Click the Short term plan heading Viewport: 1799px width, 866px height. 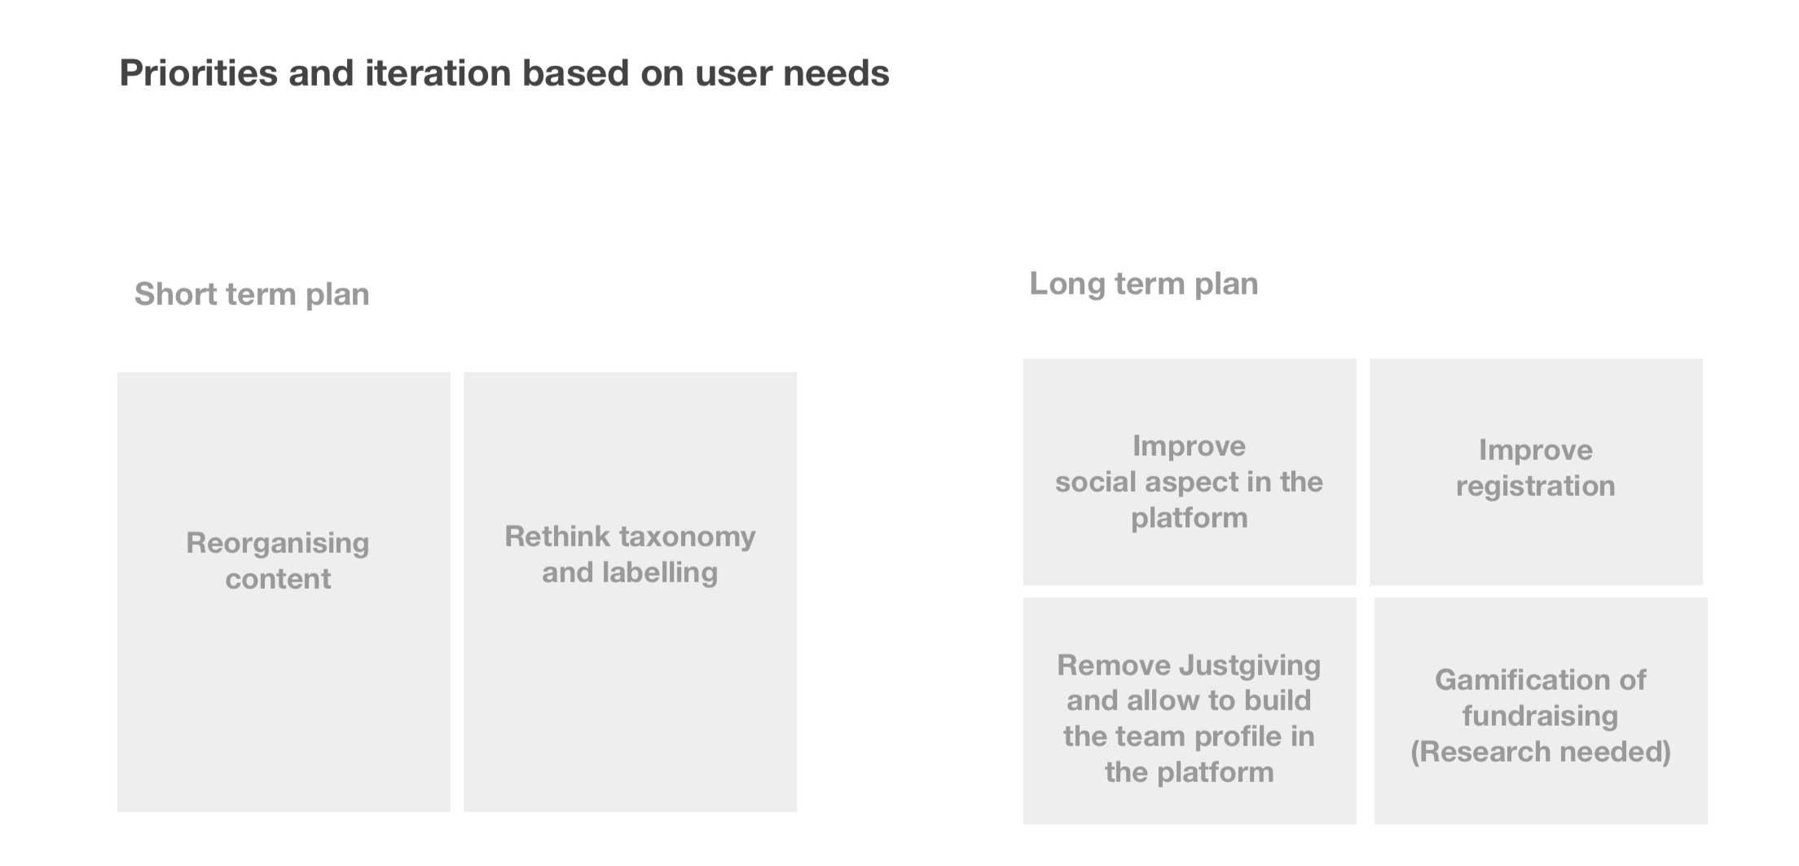point(252,294)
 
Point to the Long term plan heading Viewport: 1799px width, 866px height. point(1144,283)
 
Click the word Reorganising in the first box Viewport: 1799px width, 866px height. point(278,543)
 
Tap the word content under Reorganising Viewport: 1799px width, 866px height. point(278,579)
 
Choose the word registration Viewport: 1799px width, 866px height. point(1536,486)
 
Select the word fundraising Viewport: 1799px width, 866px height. point(1541,716)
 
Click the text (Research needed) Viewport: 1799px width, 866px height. point(1541,752)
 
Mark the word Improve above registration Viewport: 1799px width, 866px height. point(1536,450)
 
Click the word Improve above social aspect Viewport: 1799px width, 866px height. point(1190,446)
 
